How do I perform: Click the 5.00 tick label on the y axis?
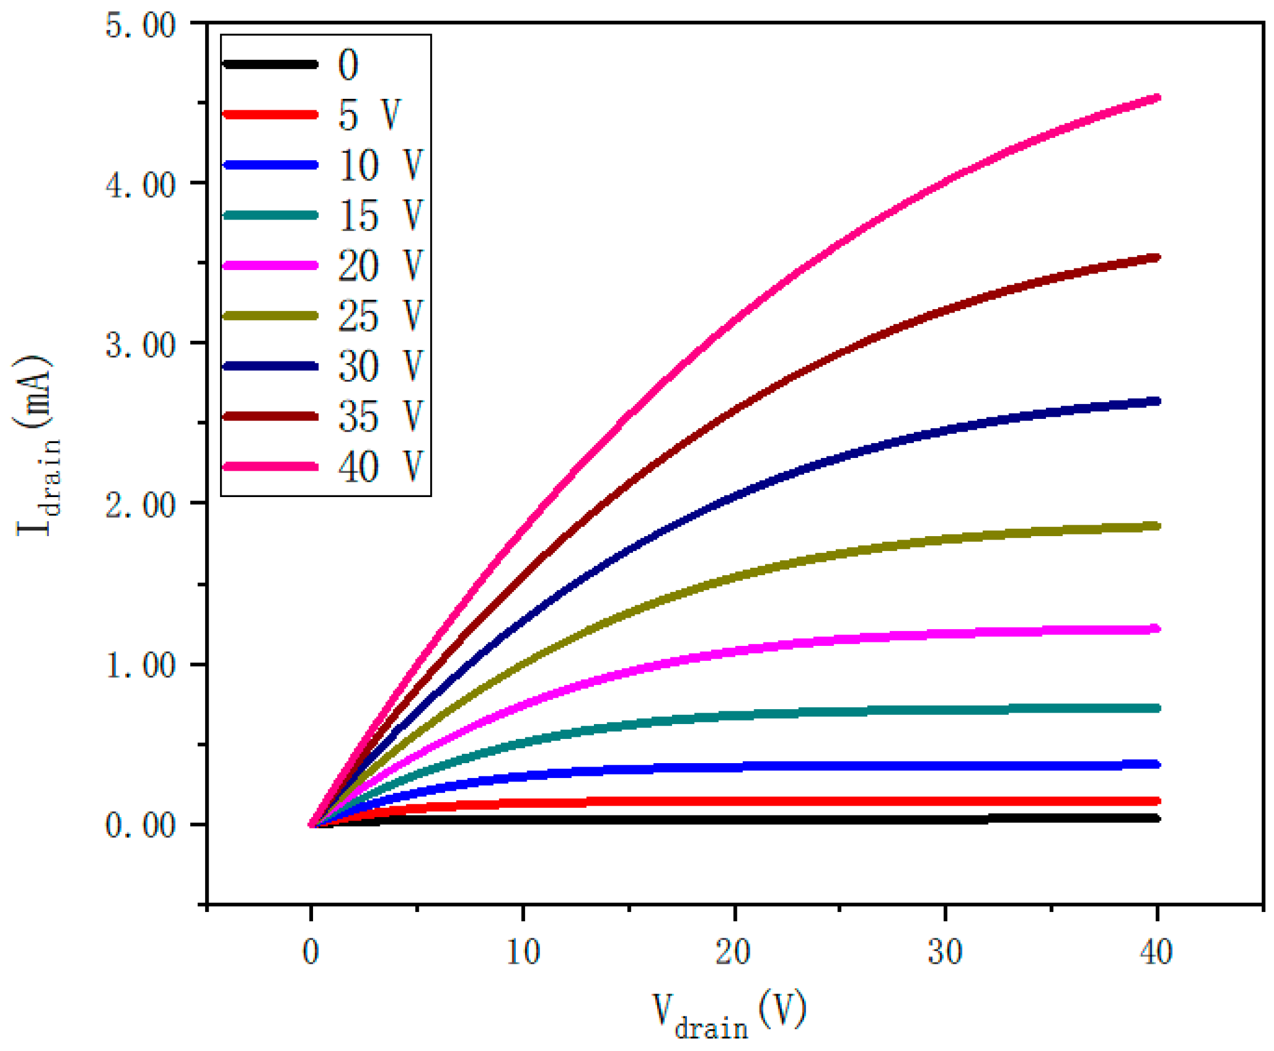(140, 26)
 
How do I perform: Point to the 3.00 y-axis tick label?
(140, 346)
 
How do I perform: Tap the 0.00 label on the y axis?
(140, 825)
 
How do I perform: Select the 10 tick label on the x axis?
(522, 952)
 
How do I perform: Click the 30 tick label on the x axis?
(945, 952)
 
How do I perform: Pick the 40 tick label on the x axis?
(1156, 952)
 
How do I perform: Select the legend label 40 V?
(380, 467)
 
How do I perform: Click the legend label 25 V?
(380, 316)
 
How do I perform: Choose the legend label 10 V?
(380, 165)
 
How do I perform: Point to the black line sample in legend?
(271, 64)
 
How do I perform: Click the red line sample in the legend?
(271, 114)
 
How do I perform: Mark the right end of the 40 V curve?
(1157, 98)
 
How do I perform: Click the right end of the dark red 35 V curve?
(1157, 258)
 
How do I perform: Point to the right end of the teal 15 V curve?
(1157, 708)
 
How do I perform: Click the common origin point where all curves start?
(311, 824)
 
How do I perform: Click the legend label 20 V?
(380, 266)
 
